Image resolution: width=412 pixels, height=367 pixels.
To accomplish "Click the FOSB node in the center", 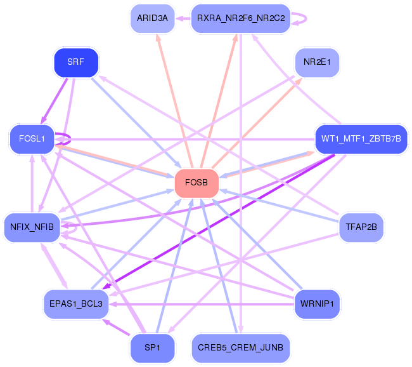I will [196, 183].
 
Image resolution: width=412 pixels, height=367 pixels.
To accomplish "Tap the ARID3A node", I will [151, 18].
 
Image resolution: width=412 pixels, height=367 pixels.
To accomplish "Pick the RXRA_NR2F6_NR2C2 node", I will [240, 18].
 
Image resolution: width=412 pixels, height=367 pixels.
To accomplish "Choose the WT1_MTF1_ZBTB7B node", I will [361, 138].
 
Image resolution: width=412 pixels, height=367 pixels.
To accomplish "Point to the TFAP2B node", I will [361, 227].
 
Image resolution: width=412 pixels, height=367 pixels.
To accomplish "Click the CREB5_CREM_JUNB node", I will [240, 347].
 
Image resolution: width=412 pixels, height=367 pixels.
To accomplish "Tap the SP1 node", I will [152, 348].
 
